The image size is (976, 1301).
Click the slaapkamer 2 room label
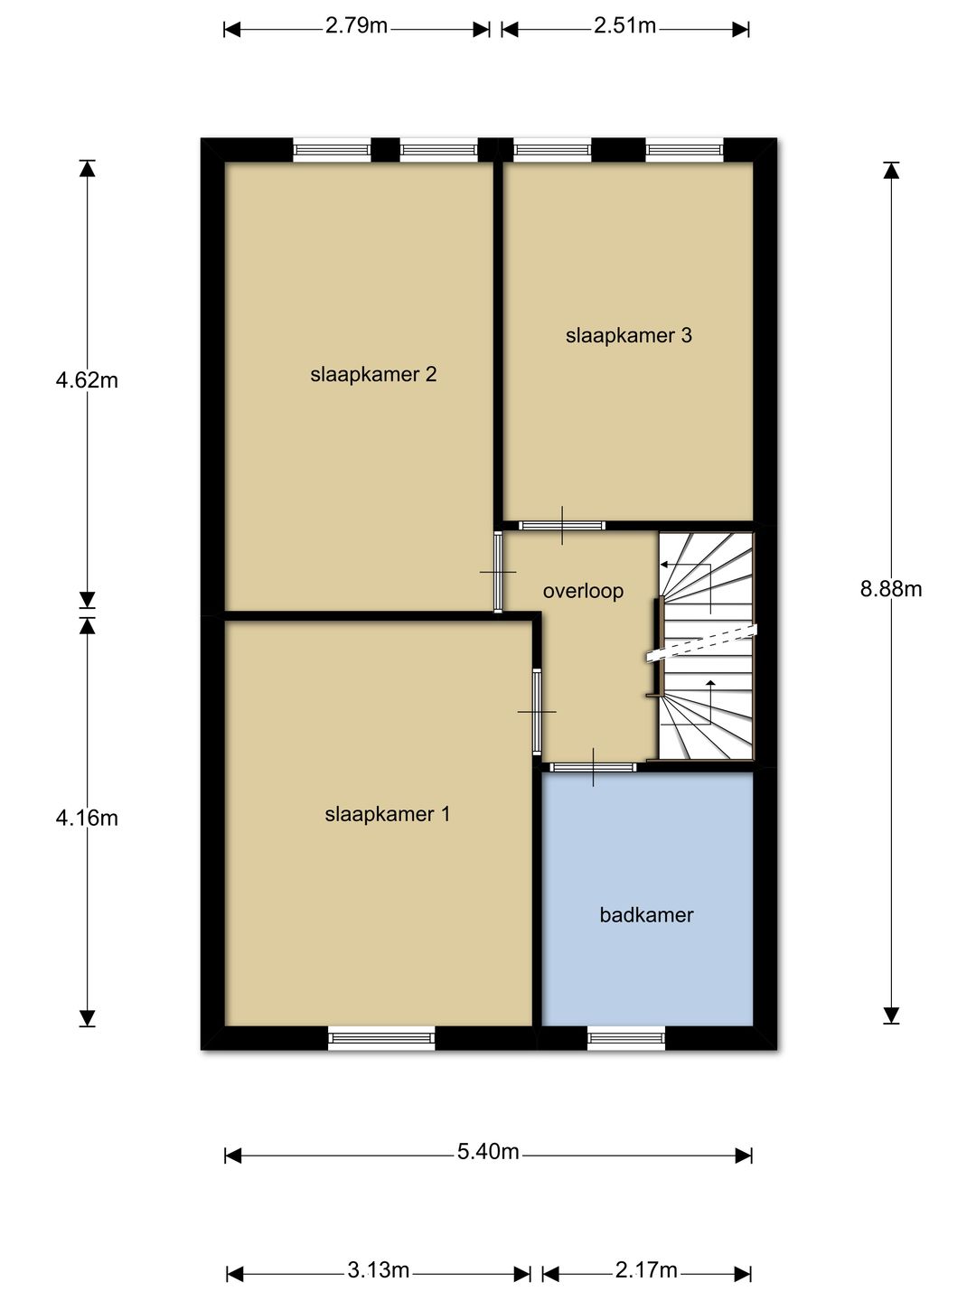point(373,374)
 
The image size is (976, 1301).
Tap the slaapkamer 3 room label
point(628,335)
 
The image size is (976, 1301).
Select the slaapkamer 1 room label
point(387,814)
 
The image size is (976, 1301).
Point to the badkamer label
point(646,914)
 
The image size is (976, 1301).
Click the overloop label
point(583,591)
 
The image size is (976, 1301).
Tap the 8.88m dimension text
point(890,589)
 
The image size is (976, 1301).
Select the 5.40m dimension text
point(488,1151)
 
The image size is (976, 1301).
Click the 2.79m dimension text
point(356,25)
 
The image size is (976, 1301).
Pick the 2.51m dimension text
point(624,25)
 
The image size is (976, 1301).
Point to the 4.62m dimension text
point(87,379)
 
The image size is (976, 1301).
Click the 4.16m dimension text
point(87,818)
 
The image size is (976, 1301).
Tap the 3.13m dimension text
point(378,1270)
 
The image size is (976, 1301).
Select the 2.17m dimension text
point(646,1270)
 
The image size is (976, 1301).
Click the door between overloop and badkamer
point(593,767)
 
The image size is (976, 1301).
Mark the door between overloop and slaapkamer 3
point(562,525)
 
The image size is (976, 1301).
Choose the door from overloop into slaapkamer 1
point(537,712)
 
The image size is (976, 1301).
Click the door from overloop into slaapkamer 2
point(498,572)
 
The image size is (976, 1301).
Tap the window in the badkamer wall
point(625,1038)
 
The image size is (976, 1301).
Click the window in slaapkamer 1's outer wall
point(381,1038)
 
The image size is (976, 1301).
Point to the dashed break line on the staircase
point(703,641)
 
